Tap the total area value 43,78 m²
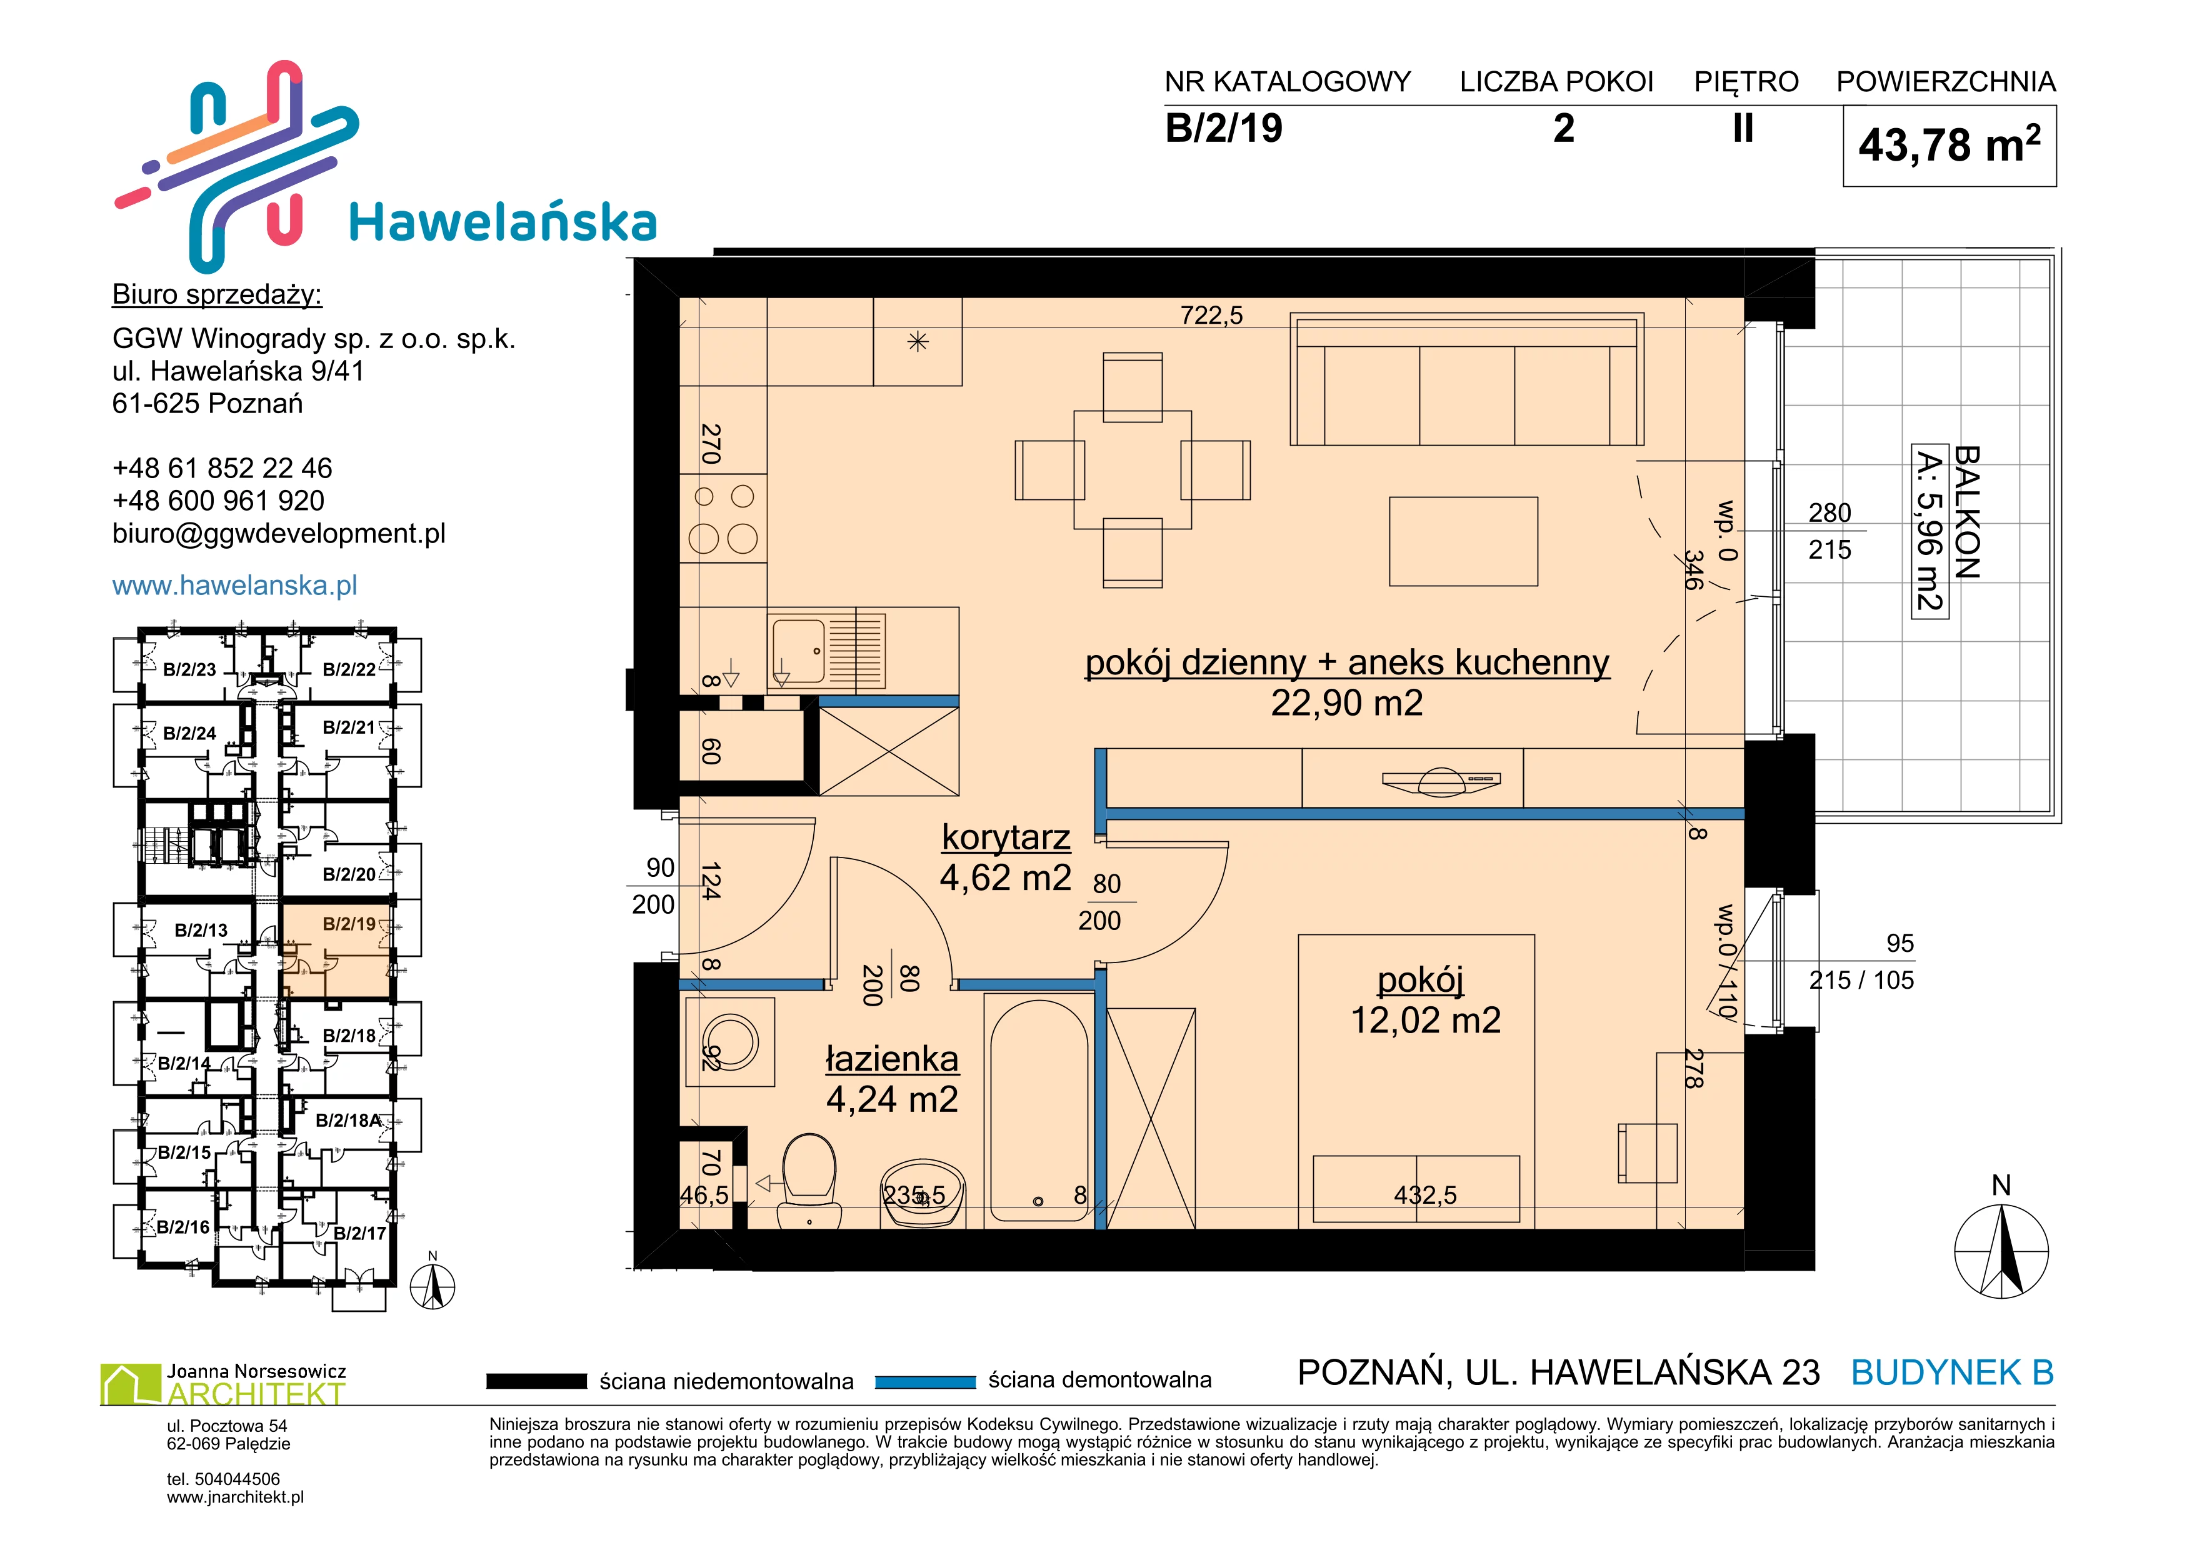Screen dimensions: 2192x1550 pos(1949,145)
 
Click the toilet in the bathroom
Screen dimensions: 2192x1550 pos(809,1181)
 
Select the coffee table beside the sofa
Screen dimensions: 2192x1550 pos(1464,541)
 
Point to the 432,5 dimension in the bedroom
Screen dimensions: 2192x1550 pos(1425,1195)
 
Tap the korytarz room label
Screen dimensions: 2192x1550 pos(1006,837)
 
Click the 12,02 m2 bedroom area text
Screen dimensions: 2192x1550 pos(1425,1020)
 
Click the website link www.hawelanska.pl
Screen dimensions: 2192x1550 pos(235,585)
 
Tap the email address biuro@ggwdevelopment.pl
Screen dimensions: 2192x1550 pos(279,534)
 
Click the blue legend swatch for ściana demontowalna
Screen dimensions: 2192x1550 pos(925,1381)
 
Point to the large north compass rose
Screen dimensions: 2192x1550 pos(2001,1250)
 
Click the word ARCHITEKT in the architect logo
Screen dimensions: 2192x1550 pos(256,1394)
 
